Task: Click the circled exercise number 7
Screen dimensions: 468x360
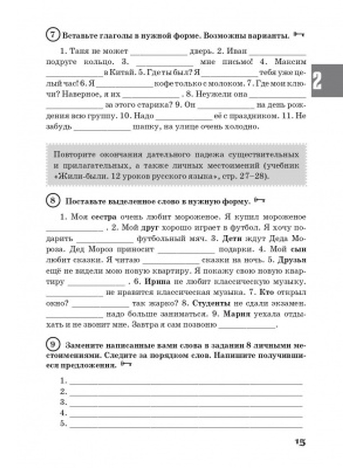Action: pos(53,35)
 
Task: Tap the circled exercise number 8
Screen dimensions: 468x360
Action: pos(53,200)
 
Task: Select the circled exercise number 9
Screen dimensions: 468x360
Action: pos(53,345)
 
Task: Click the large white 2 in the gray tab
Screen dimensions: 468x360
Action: pos(318,81)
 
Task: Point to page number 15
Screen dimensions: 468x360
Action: pos(300,442)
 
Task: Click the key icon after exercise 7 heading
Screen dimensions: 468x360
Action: pos(299,35)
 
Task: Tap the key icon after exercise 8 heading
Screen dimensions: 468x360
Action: pos(259,201)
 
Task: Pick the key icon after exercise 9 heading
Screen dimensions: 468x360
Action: pos(126,365)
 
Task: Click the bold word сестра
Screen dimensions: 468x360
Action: pos(104,217)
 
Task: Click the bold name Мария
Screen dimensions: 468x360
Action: pos(237,314)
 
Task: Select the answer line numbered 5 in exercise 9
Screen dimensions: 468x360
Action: pos(186,425)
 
